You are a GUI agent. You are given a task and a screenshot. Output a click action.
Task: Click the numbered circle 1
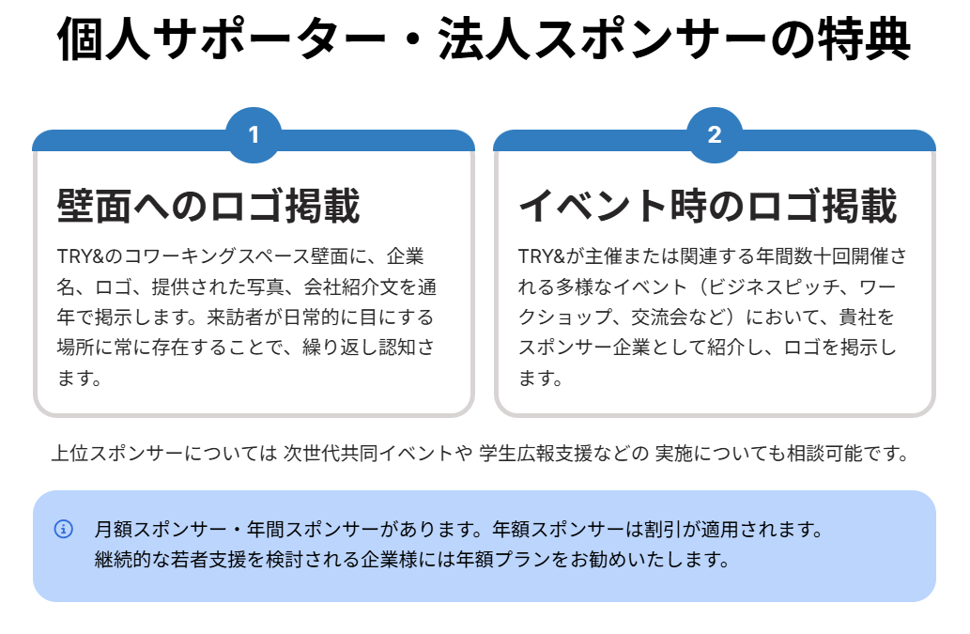[254, 135]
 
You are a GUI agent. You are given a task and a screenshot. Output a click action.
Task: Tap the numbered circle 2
[715, 135]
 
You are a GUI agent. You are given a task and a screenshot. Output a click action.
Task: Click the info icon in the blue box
[64, 529]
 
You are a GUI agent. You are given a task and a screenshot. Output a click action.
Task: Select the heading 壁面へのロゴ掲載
[208, 206]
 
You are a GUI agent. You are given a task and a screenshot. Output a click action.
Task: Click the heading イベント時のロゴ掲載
[708, 206]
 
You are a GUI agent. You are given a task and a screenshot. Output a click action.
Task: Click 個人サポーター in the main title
[221, 39]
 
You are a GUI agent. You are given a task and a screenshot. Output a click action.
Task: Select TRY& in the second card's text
[542, 256]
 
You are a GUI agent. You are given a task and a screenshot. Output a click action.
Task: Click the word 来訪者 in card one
[236, 317]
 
